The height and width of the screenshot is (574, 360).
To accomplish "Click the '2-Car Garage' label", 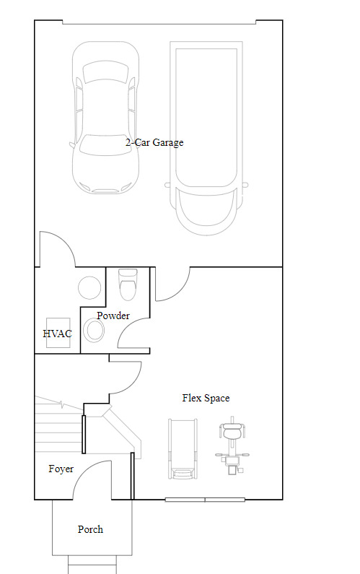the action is tap(154, 142).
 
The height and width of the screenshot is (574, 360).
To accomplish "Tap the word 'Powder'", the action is tap(113, 316).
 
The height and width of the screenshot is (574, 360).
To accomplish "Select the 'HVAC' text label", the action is tap(58, 334).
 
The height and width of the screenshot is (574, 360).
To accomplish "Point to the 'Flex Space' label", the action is tap(206, 398).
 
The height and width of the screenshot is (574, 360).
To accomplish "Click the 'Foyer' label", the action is tap(61, 469).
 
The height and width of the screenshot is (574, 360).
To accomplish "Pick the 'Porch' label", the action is tap(90, 529).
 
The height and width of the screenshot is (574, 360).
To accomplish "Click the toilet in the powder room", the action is tap(128, 284).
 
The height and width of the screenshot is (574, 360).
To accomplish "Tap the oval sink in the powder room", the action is tap(94, 330).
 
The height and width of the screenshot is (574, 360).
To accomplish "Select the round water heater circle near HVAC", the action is tap(89, 288).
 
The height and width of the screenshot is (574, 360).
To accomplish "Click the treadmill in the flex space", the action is tap(183, 449).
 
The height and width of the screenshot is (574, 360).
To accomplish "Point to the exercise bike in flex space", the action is tap(232, 445).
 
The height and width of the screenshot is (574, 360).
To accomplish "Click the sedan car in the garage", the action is tap(105, 117).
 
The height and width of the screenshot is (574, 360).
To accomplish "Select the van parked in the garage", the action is tap(207, 139).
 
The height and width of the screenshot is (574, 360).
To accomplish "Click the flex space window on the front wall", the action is tap(205, 500).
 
